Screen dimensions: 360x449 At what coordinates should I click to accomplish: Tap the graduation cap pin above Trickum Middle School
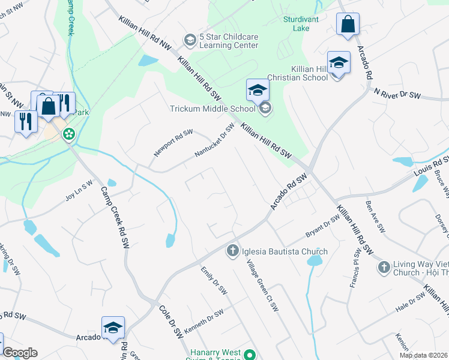tap(258, 90)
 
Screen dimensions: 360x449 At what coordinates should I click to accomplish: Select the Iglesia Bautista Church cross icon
tap(233, 251)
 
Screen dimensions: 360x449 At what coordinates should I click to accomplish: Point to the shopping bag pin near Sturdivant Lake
tap(348, 25)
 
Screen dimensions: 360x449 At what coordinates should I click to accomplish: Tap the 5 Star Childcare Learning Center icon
tap(190, 40)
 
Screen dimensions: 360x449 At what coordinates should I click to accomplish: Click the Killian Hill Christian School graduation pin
tap(339, 62)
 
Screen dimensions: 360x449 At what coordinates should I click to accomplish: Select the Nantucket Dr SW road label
tap(214, 141)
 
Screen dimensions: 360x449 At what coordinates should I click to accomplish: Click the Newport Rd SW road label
tap(173, 143)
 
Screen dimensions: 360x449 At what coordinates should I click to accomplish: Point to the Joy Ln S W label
tap(80, 190)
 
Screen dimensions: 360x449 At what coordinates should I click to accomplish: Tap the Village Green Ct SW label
tap(264, 280)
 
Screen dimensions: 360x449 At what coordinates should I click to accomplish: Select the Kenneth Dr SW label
tap(203, 319)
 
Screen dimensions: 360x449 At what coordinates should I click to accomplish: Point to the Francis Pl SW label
tap(355, 271)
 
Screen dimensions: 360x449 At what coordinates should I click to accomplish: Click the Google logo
tap(20, 353)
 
